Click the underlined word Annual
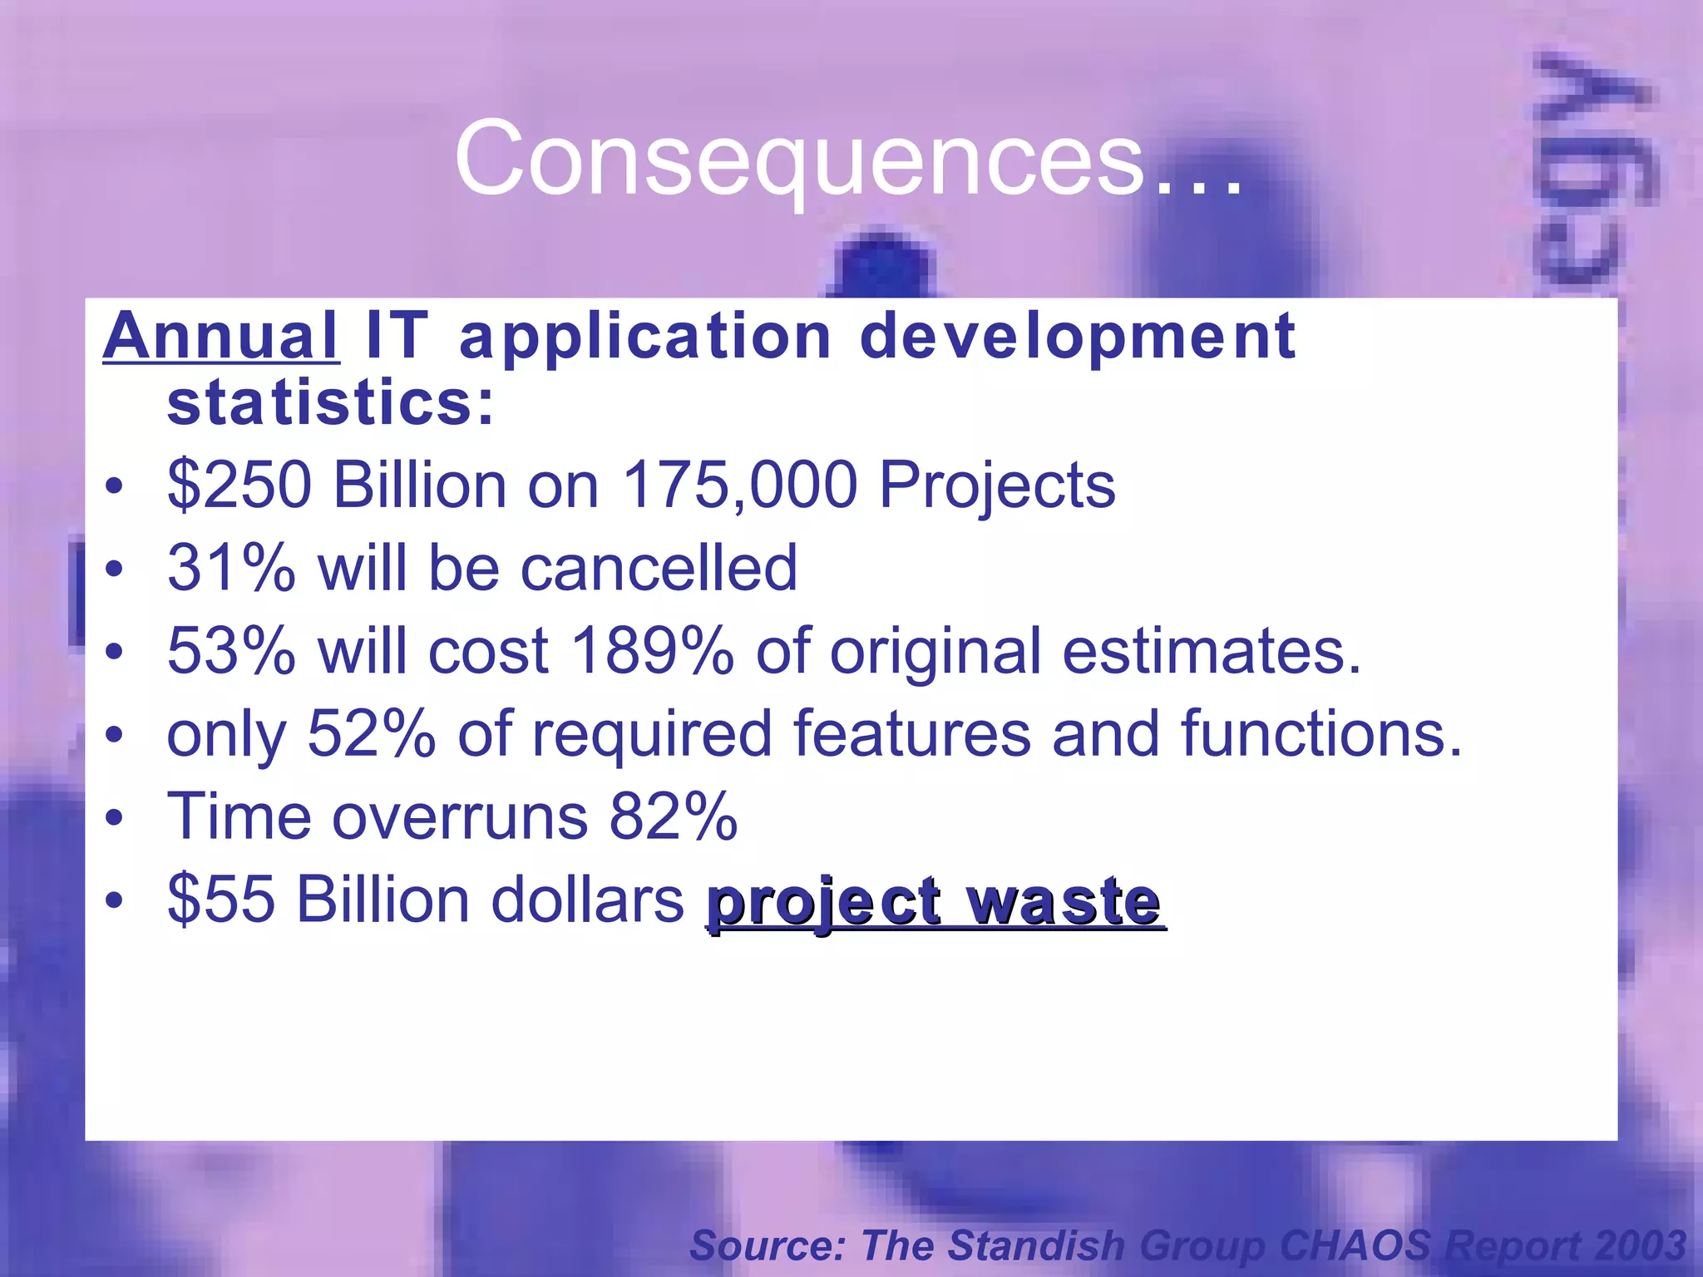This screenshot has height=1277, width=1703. pos(220,336)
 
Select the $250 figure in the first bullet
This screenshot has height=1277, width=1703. pos(239,485)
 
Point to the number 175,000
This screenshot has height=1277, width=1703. pos(740,485)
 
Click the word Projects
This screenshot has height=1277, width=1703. pos(997,486)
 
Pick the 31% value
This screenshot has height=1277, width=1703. pos(231,568)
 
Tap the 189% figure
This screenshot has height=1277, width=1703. pos(653,650)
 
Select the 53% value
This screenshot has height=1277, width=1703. pos(231,650)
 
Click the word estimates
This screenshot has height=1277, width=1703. pos(1212,650)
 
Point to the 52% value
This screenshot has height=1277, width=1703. pos(371,733)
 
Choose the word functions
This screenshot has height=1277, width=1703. pos(1320,733)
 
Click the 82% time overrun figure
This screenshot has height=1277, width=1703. pos(673,816)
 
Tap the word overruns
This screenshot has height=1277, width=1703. pos(460,816)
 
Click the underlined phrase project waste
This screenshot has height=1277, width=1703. pos(935,902)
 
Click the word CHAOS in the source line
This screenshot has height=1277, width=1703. pos(1355,1245)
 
